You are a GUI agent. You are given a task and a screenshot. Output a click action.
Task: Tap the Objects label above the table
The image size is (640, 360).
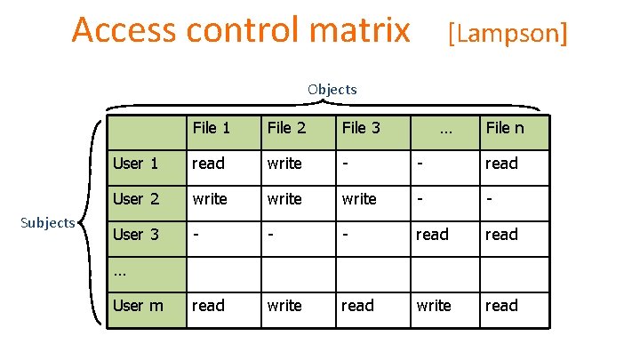point(332,89)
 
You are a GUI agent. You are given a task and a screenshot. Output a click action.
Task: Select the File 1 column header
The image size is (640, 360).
point(212,128)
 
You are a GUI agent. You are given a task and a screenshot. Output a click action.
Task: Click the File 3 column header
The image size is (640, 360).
point(361,128)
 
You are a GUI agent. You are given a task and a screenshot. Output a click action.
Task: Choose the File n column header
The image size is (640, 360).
point(505,128)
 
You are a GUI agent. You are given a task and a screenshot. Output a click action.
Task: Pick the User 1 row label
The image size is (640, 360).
point(135,164)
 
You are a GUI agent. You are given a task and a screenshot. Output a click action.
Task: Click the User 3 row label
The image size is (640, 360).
point(135,235)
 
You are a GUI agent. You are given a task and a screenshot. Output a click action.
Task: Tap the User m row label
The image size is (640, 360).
point(138,306)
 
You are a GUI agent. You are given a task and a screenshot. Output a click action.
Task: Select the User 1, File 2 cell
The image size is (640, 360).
point(284,164)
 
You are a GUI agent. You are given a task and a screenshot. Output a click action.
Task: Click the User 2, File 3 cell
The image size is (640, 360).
point(359,199)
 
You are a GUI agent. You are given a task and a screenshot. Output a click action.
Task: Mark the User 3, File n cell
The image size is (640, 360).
point(501,235)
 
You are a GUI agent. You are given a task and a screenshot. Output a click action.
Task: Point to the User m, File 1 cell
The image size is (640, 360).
point(209,306)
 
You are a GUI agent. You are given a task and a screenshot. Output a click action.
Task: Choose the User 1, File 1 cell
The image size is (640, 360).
point(209,164)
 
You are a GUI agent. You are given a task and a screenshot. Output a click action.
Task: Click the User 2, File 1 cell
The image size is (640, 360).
point(211,199)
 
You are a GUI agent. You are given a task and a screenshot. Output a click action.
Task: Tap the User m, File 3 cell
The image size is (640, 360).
point(358,306)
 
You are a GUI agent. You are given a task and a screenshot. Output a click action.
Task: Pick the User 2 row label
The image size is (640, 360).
point(135,199)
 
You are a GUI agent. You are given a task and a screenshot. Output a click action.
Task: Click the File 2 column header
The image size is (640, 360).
point(286,128)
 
